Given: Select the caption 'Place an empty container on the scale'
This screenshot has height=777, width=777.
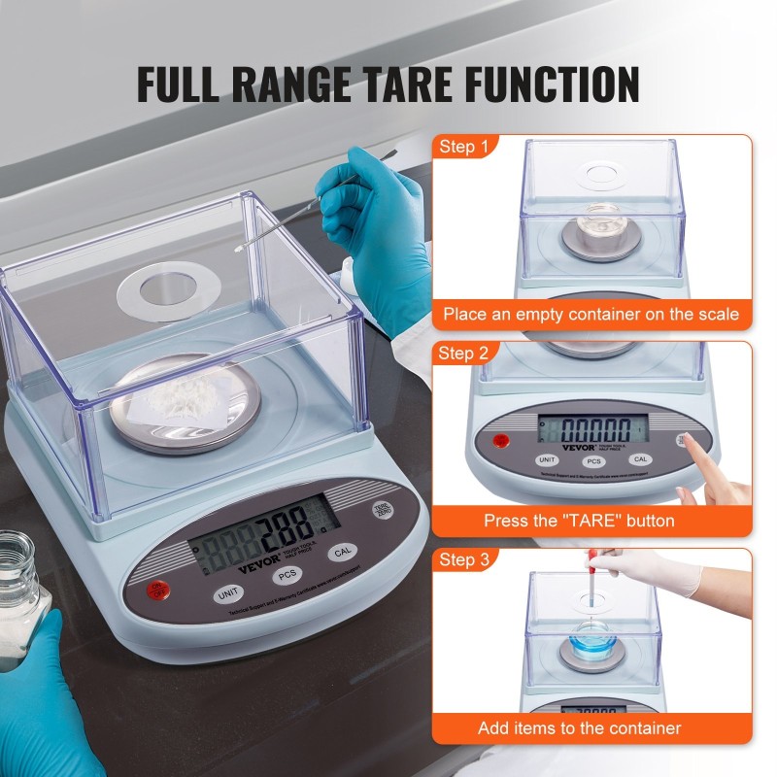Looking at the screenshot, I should pyautogui.click(x=591, y=314).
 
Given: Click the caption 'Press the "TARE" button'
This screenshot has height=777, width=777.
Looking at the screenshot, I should pyautogui.click(x=579, y=521).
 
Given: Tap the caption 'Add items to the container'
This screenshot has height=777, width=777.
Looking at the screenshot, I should pyautogui.click(x=579, y=727).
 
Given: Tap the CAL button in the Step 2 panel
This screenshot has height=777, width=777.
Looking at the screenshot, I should pyautogui.click(x=639, y=459).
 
